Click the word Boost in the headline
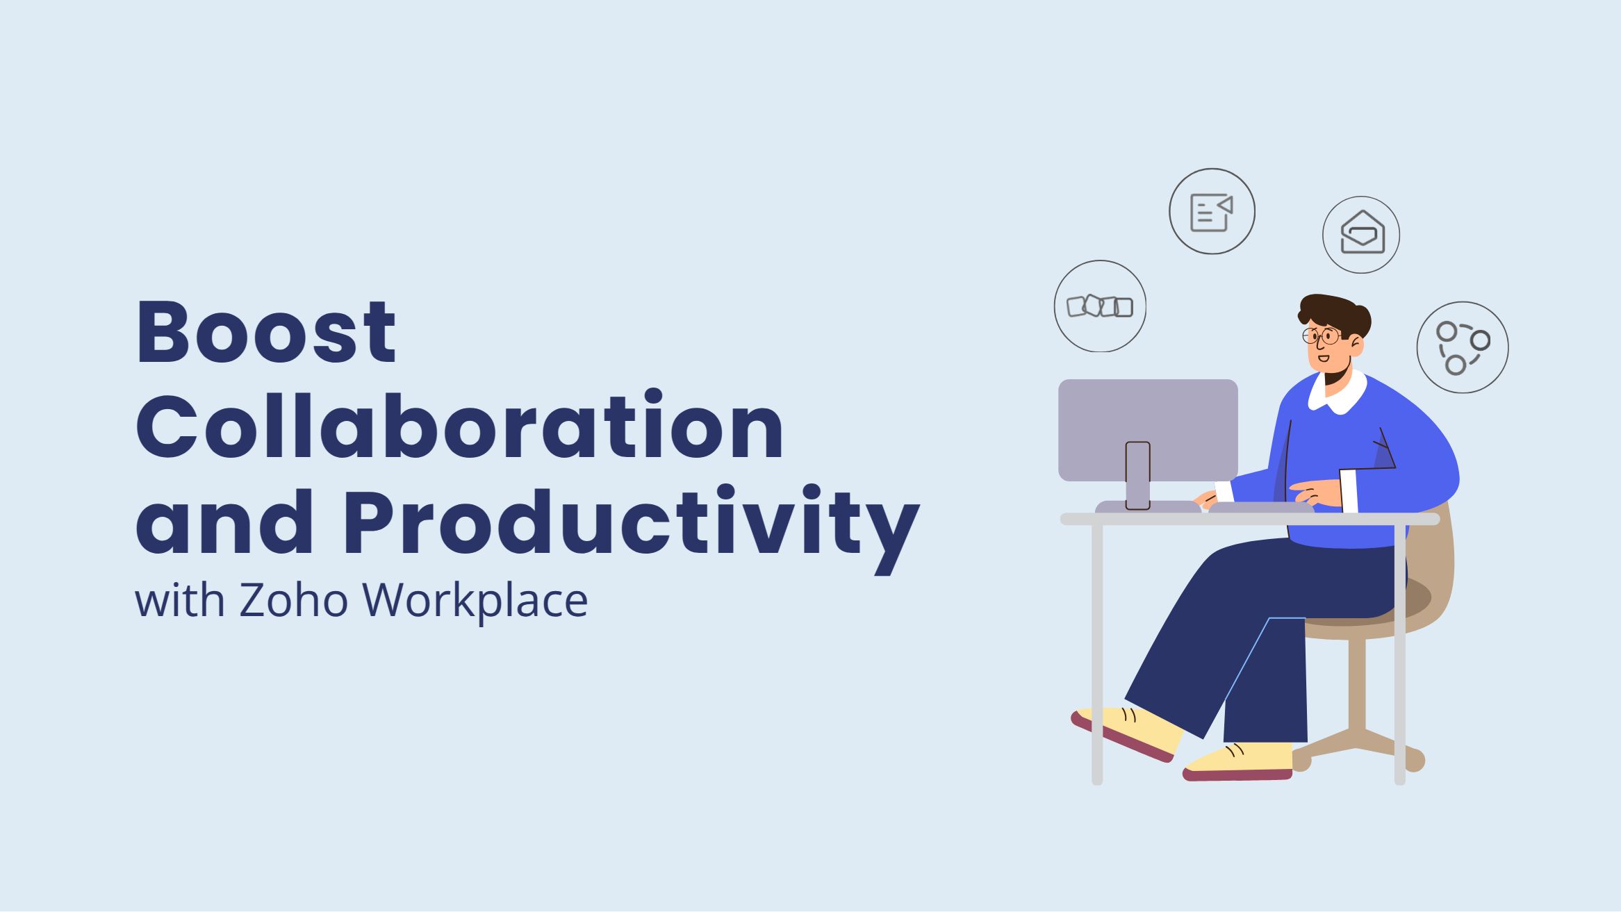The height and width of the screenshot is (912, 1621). (x=266, y=331)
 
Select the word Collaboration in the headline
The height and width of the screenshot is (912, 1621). (x=460, y=425)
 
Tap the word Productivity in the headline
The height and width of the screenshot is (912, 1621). (x=631, y=527)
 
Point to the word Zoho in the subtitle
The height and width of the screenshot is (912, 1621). (x=293, y=600)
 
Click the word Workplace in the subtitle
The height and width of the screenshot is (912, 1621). (x=475, y=602)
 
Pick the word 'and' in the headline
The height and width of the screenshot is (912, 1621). (x=224, y=522)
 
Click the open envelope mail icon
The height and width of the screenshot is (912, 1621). (x=1362, y=233)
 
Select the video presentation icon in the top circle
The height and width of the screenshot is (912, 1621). (x=1212, y=212)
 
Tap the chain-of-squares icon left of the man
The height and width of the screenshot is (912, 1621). (x=1100, y=306)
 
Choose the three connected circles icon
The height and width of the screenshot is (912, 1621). (x=1462, y=348)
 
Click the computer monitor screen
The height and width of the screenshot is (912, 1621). (x=1148, y=430)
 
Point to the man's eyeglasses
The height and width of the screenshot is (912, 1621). (x=1322, y=337)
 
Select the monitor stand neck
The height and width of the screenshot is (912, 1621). (x=1137, y=475)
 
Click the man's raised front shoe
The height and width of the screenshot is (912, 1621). (x=1126, y=733)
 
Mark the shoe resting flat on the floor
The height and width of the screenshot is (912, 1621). (x=1237, y=762)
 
